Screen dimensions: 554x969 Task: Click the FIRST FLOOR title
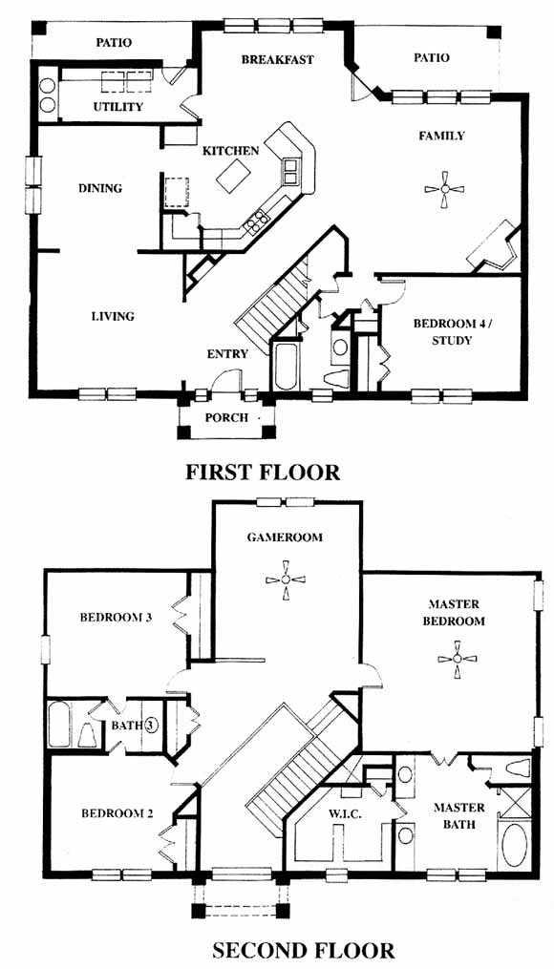(x=263, y=473)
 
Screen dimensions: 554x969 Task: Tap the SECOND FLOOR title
(x=303, y=949)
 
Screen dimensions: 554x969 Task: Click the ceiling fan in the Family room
(x=445, y=190)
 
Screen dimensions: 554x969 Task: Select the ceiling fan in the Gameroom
(x=286, y=579)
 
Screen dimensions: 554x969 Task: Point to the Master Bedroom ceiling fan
(x=457, y=660)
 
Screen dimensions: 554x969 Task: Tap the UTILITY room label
(x=118, y=106)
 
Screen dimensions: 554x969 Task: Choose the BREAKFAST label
(x=278, y=60)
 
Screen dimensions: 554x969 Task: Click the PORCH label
(x=227, y=418)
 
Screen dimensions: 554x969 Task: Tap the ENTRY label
(x=227, y=354)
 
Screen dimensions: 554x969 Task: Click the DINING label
(x=100, y=188)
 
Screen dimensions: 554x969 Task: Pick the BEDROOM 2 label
(x=117, y=813)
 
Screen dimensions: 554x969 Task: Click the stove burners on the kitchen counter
(x=257, y=221)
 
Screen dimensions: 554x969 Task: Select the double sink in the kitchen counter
(x=291, y=171)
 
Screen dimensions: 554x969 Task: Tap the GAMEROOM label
(x=285, y=537)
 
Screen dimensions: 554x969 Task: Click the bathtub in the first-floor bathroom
(x=285, y=368)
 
